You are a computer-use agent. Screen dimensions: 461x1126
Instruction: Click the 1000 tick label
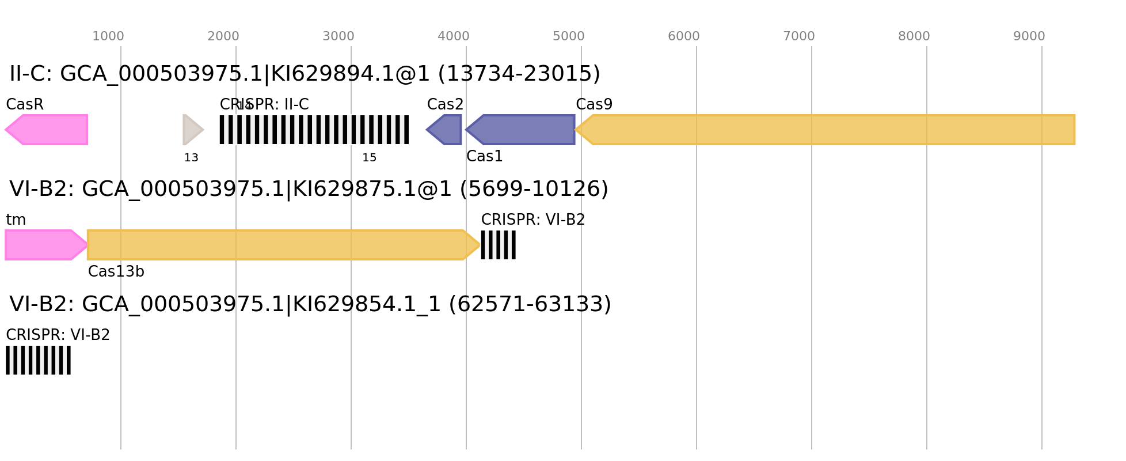click(x=108, y=36)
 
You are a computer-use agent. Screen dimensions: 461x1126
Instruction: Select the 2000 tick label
click(x=223, y=36)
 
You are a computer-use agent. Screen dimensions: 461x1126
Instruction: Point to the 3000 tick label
click(x=338, y=36)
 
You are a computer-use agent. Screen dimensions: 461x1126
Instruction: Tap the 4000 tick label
click(x=454, y=36)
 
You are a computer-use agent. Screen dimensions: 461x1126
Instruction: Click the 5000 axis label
click(x=569, y=36)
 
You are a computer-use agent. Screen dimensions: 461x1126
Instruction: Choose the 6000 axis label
click(x=684, y=36)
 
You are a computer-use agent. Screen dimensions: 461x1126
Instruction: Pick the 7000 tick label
click(x=799, y=36)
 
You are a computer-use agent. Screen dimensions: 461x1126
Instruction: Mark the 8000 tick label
click(x=914, y=36)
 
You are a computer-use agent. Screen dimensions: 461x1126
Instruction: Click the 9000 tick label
click(x=1029, y=36)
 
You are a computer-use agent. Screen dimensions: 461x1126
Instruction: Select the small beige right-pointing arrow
click(x=192, y=130)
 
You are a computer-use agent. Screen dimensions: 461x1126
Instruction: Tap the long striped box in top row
click(x=314, y=130)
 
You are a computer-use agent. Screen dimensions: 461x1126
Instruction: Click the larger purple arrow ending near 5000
click(x=521, y=130)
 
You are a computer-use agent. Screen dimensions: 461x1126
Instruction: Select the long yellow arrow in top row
click(x=826, y=130)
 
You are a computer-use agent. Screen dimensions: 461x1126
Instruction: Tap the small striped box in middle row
click(x=499, y=245)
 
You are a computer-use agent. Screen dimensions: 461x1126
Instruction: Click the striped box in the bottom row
click(x=38, y=360)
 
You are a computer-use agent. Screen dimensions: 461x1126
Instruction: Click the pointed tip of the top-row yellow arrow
click(x=576, y=130)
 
